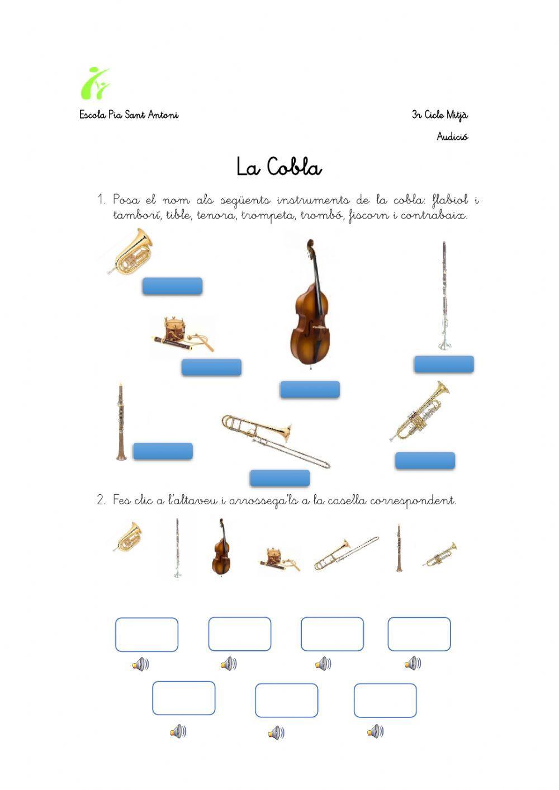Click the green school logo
click(94, 83)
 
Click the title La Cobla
click(278, 167)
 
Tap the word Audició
click(452, 137)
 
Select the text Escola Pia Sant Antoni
click(129, 115)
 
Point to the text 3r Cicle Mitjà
click(440, 115)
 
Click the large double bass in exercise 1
click(310, 305)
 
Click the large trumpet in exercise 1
click(420, 411)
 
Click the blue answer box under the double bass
click(310, 390)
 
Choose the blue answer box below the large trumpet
click(425, 461)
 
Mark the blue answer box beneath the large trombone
click(279, 478)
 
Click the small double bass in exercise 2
click(221, 547)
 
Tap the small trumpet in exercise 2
click(440, 555)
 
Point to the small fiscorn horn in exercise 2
click(128, 537)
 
